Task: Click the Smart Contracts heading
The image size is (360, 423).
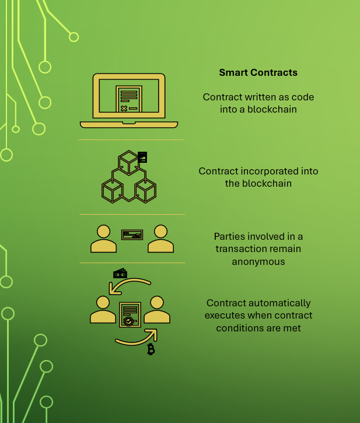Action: coord(258,73)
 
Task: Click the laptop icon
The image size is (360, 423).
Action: coord(129,100)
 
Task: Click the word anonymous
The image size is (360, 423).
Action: coord(258,261)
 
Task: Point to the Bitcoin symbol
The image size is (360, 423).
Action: coord(151,349)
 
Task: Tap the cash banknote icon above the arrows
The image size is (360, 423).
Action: coord(120,274)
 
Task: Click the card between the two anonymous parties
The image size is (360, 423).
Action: coord(132,235)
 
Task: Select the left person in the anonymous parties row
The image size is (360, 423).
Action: coord(103,239)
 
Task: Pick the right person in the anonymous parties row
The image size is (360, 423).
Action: coord(160,239)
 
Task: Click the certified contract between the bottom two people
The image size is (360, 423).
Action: coord(129,314)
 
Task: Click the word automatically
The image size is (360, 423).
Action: coord(278,303)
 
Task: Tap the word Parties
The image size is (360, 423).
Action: coord(229,237)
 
